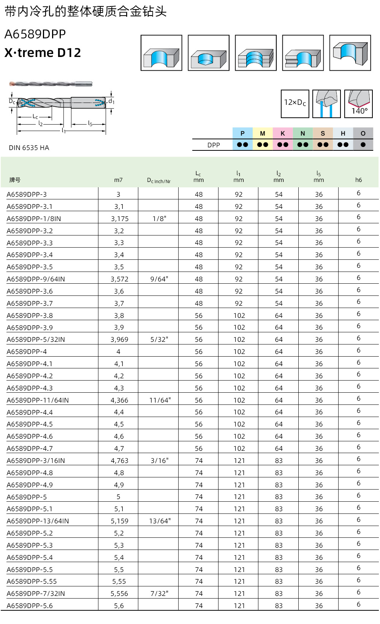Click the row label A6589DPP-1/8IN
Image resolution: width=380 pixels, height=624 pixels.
(x=34, y=219)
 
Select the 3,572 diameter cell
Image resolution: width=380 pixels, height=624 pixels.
(x=119, y=279)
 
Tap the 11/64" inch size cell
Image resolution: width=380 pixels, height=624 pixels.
(x=160, y=400)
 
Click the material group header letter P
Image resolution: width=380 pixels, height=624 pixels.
(x=242, y=133)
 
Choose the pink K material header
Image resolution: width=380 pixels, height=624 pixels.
(x=283, y=133)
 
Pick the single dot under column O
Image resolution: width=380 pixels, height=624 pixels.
(x=363, y=145)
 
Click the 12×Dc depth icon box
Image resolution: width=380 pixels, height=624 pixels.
(x=295, y=103)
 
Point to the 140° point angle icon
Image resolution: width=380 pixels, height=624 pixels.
(x=359, y=104)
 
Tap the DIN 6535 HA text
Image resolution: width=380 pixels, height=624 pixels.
(x=29, y=148)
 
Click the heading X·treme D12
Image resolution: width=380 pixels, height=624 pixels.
(x=43, y=52)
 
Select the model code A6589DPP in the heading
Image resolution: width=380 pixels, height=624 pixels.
(x=35, y=34)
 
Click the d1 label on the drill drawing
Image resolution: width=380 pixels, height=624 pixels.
(x=111, y=101)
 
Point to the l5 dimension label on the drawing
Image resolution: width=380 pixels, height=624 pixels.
(x=90, y=123)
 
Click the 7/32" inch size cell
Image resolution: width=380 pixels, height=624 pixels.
(x=159, y=594)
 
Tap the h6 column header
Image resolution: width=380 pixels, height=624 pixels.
(x=358, y=180)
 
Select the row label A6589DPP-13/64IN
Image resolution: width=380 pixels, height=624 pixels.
(x=38, y=521)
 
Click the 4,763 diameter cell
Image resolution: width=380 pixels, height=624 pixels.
(x=119, y=461)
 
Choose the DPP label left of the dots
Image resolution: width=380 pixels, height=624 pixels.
(x=214, y=145)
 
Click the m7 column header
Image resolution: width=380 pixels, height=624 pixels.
(x=118, y=180)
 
